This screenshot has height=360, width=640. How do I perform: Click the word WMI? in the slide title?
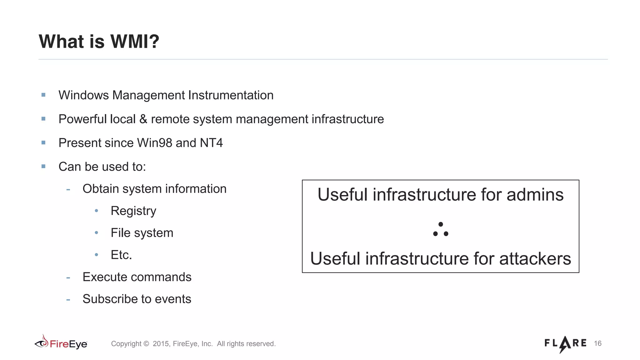coord(135,42)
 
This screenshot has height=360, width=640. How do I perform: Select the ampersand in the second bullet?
coord(143,119)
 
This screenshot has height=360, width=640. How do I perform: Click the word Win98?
coord(155,143)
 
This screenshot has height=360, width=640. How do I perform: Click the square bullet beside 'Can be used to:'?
coord(43,166)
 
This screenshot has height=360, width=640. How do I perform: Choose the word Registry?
coord(133,211)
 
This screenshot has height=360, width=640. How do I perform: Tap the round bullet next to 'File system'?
coord(97,233)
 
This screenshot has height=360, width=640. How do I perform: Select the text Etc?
coord(121,255)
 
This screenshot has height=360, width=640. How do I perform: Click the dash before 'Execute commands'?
coord(68,277)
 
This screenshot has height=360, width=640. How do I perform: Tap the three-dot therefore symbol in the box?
coord(441,230)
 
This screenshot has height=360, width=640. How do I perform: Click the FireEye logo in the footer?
coord(61,343)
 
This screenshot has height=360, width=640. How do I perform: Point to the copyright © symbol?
coord(146,344)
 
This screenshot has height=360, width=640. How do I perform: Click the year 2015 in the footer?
coord(161,344)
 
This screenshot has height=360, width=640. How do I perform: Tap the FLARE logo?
coord(565,344)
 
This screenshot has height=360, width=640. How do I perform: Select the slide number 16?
coord(597,343)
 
